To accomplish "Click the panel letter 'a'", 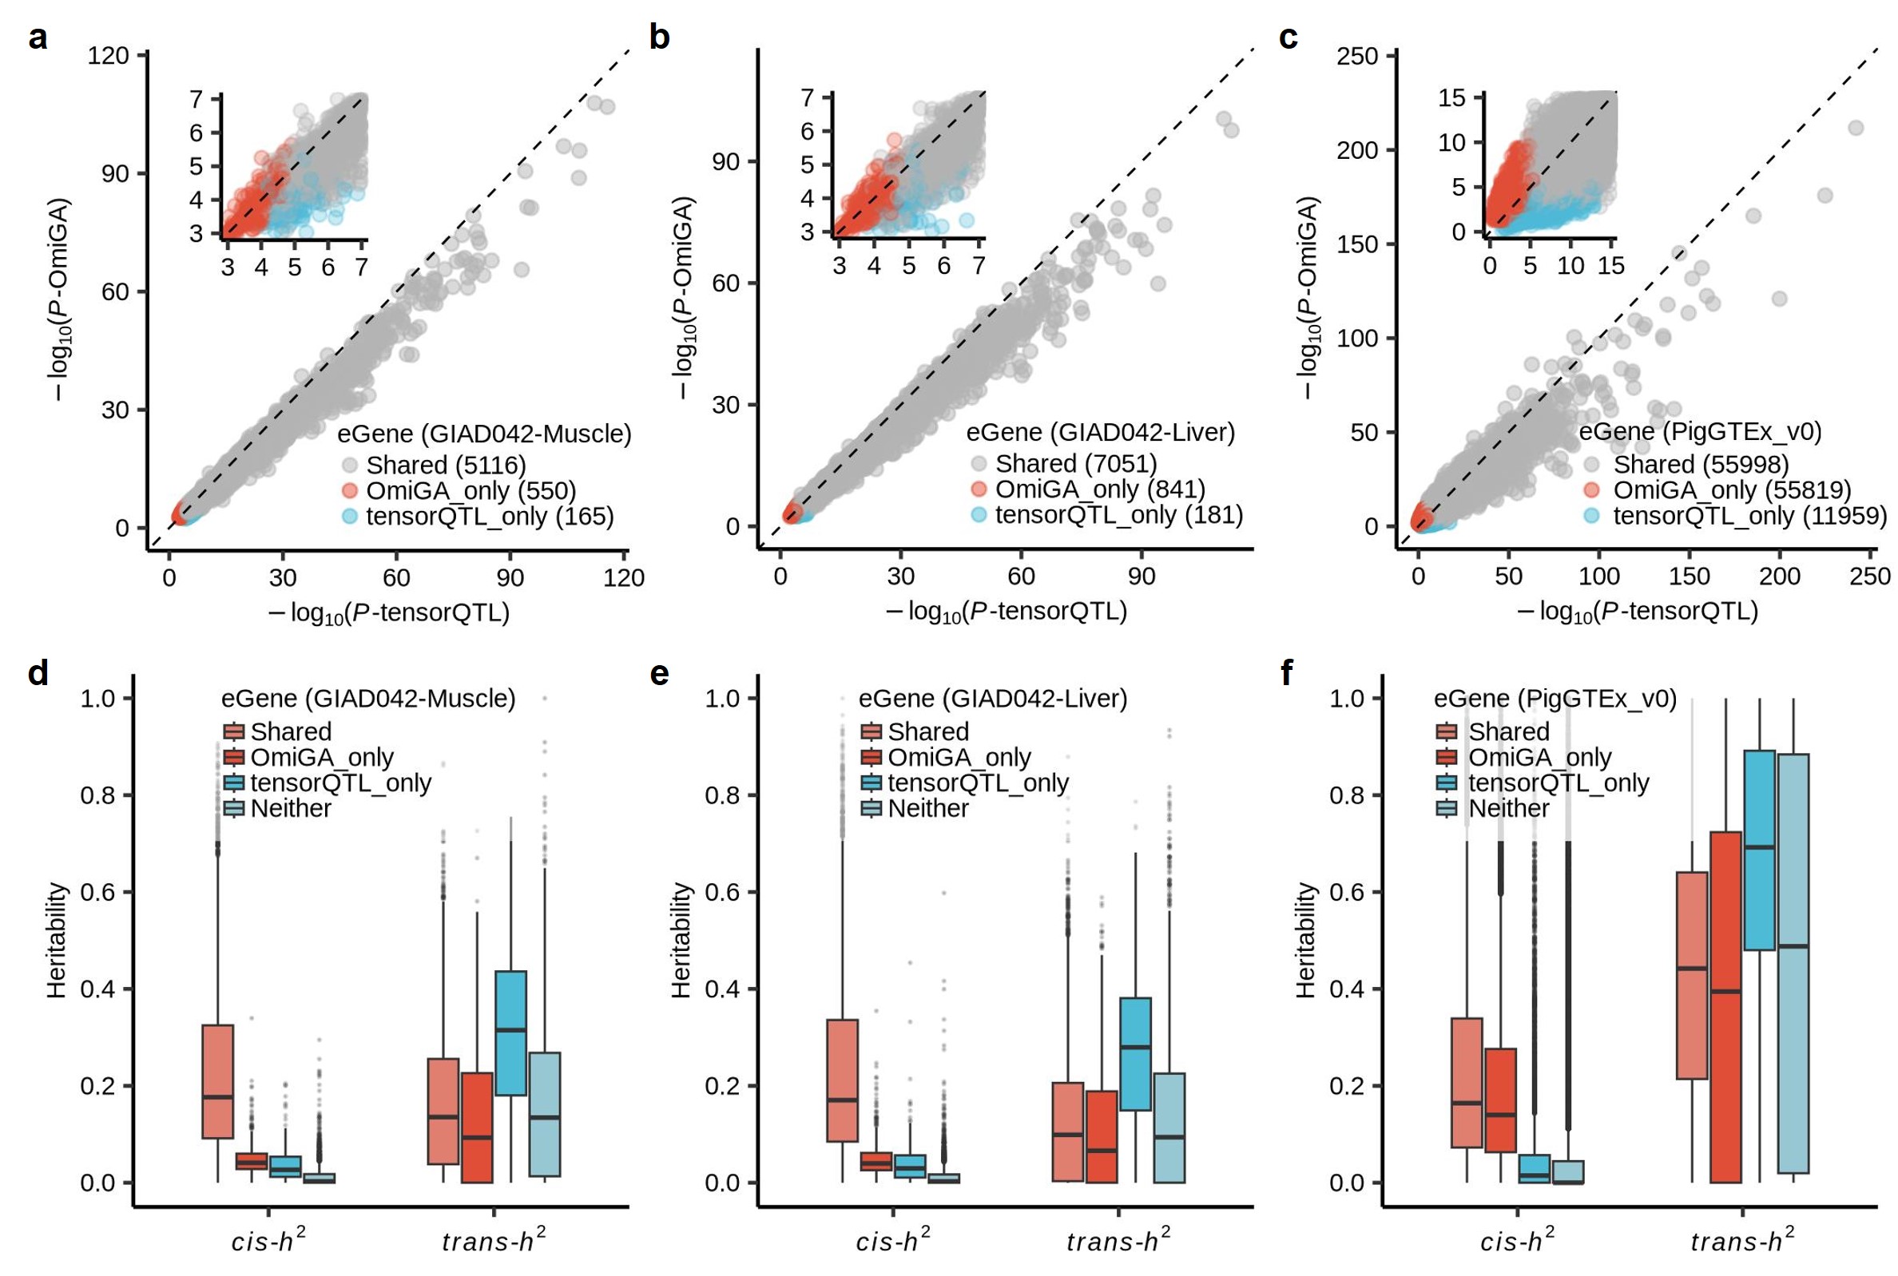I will tap(37, 38).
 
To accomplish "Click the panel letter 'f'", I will tap(1287, 674).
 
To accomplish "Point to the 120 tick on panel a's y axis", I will tap(109, 55).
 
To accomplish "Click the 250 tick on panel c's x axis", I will tap(1869, 577).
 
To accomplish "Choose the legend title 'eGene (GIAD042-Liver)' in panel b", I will tap(1101, 432).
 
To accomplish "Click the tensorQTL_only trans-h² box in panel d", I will tap(511, 1032).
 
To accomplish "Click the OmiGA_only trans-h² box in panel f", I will tap(1725, 1007).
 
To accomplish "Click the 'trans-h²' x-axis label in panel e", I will tap(1118, 1240).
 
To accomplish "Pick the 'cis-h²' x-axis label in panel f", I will tap(1517, 1240).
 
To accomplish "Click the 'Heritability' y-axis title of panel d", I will tap(56, 940).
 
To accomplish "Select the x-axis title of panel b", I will tap(1007, 612).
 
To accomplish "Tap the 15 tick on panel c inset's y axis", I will tap(1451, 98).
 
